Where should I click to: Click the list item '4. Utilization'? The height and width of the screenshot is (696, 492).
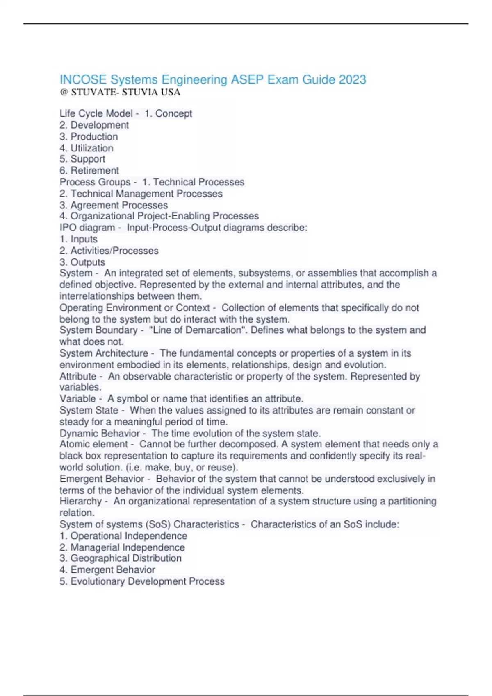point(87,148)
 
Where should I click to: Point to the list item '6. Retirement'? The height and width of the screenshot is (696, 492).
point(89,170)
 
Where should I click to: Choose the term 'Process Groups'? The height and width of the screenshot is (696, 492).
point(95,182)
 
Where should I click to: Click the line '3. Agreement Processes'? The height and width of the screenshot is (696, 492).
point(114,205)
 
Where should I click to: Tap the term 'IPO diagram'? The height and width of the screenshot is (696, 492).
point(87,228)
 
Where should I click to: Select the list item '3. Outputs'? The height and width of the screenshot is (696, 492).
point(82,262)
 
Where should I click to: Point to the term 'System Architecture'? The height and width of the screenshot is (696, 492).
point(104,353)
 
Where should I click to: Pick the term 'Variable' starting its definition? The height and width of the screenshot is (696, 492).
point(77,398)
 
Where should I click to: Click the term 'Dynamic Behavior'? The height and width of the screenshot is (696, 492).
point(100,433)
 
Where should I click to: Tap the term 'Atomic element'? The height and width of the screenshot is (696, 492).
point(94,444)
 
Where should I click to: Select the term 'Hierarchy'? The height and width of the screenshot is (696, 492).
point(80,501)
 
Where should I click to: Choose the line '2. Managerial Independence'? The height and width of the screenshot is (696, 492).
point(122,547)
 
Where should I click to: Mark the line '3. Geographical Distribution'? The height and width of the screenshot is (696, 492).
point(121,558)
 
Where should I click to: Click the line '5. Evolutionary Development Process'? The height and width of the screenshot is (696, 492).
point(142,581)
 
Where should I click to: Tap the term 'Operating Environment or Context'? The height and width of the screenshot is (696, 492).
point(134,307)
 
